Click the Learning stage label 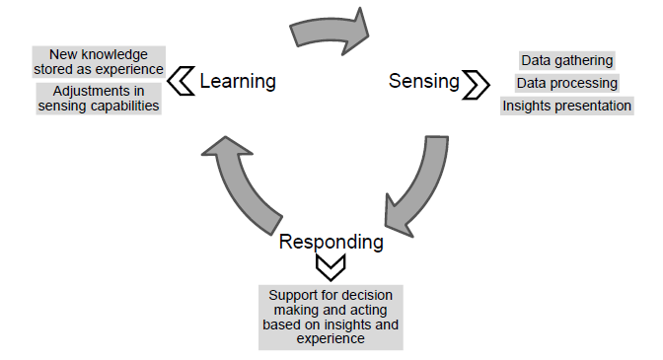point(237,81)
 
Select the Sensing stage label point(423,81)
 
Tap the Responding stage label point(331,242)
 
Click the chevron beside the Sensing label point(476,84)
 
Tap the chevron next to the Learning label point(182,81)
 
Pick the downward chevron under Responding point(331,266)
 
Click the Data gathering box point(566,61)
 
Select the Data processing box point(566,83)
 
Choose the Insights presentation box point(566,106)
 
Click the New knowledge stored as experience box point(98,61)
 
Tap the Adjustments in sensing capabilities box point(98,98)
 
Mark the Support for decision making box point(331,317)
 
